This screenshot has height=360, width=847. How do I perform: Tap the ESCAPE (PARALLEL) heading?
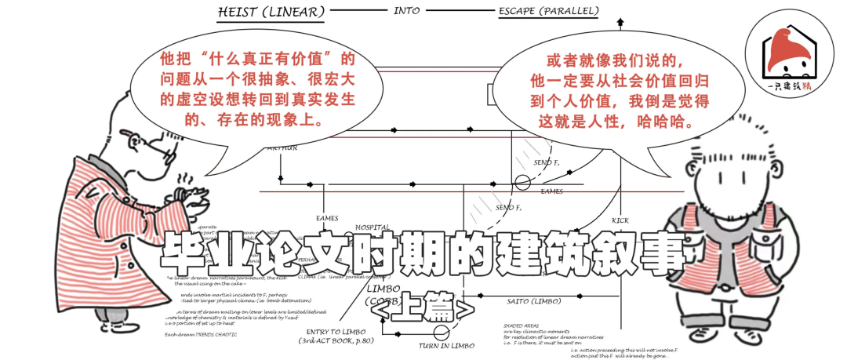549,11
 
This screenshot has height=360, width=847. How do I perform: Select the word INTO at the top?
405,10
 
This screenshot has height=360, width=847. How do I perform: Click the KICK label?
620,220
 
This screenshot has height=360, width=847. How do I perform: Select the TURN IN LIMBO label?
445,346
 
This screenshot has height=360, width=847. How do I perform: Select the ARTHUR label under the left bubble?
282,148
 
